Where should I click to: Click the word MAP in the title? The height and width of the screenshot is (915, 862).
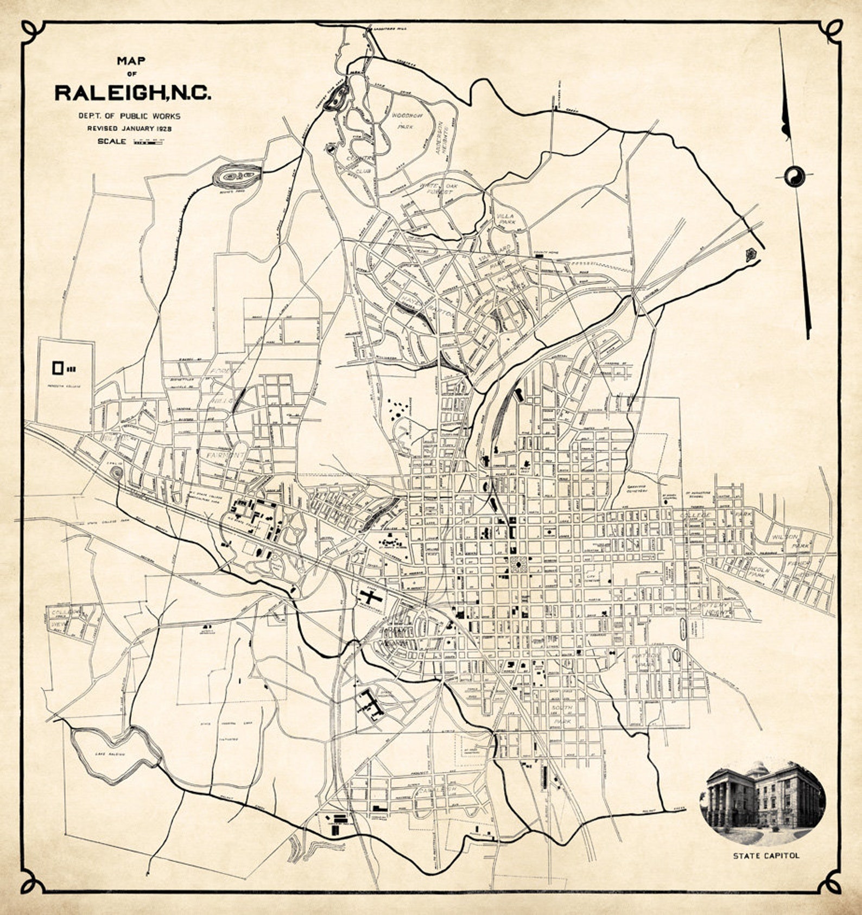132,62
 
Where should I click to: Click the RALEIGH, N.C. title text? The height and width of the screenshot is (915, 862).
132,93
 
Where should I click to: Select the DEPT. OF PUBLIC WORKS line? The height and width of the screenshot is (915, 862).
129,116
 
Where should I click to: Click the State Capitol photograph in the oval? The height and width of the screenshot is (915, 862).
762,801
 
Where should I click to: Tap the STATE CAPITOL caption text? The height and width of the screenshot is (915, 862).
766,856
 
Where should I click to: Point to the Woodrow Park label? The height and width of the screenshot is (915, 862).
405,120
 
